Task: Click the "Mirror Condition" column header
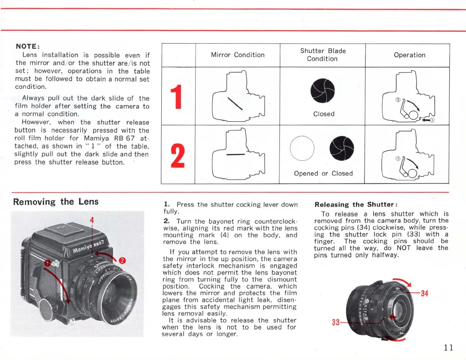pyautogui.click(x=237, y=55)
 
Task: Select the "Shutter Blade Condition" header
pyautogui.click(x=323, y=55)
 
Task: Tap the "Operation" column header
pyautogui.click(x=409, y=55)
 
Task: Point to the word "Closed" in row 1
pyautogui.click(x=324, y=114)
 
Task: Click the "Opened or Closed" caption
pyautogui.click(x=323, y=173)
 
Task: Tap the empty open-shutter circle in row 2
pyautogui.click(x=302, y=148)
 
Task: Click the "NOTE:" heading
pyautogui.click(x=28, y=46)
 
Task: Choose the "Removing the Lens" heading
pyautogui.click(x=56, y=201)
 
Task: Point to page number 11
pyautogui.click(x=448, y=347)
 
